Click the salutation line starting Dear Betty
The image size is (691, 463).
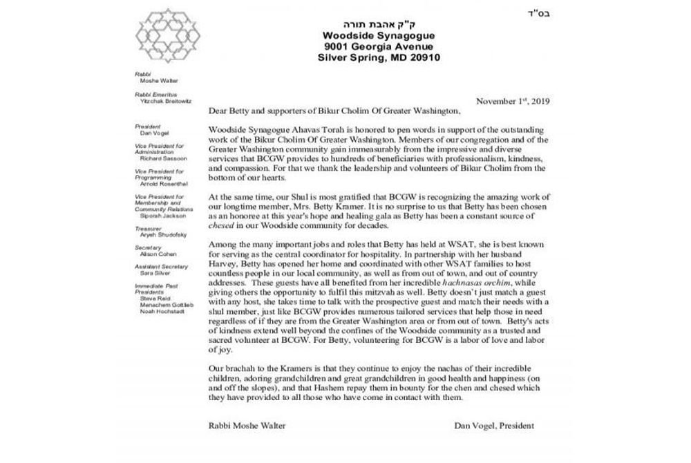pos(332,111)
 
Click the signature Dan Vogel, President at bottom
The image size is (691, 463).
pos(494,426)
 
